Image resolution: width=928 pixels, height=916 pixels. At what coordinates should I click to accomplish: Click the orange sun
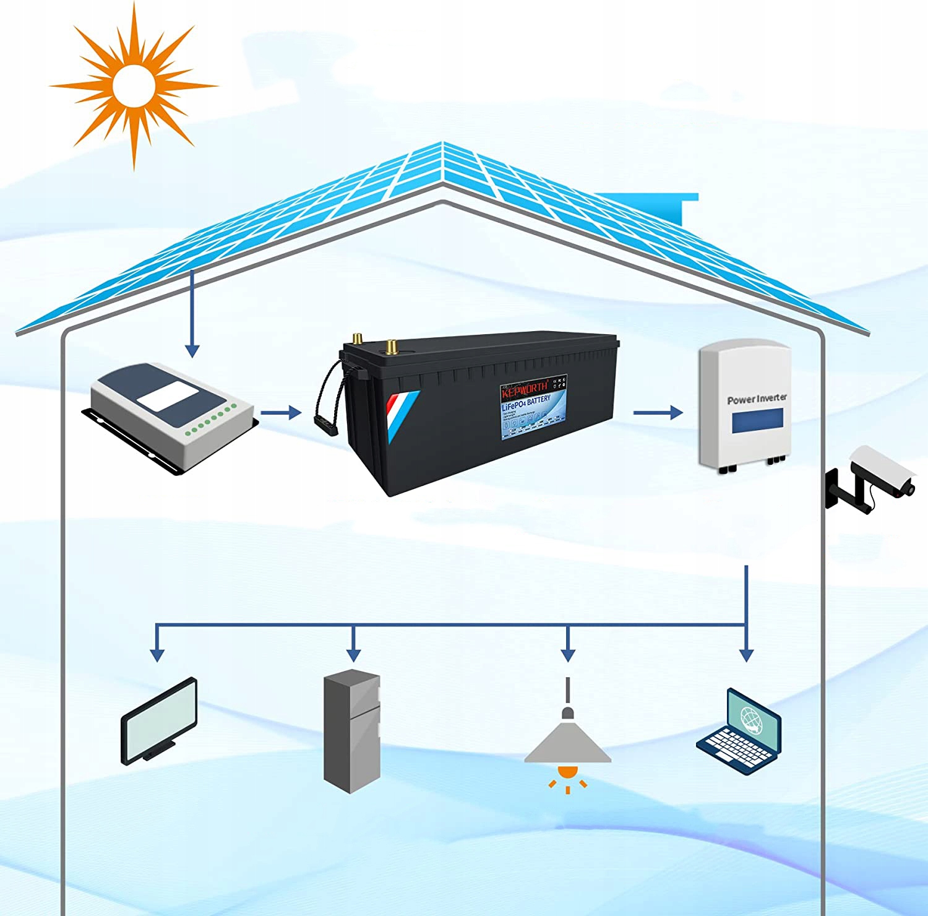pos(132,86)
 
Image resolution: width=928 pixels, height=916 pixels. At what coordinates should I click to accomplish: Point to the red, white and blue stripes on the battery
pos(402,412)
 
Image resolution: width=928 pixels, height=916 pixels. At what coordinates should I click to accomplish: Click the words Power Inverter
pos(757,399)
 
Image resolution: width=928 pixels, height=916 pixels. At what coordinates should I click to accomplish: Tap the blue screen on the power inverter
pos(757,421)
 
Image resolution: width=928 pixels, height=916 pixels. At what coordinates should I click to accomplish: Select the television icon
pos(160,721)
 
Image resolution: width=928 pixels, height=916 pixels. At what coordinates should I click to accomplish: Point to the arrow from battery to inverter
pos(658,412)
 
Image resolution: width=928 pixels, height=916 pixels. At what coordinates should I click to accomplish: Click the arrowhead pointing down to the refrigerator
pos(353,654)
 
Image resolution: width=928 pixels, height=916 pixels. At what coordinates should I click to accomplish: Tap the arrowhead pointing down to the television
pos(158,654)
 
